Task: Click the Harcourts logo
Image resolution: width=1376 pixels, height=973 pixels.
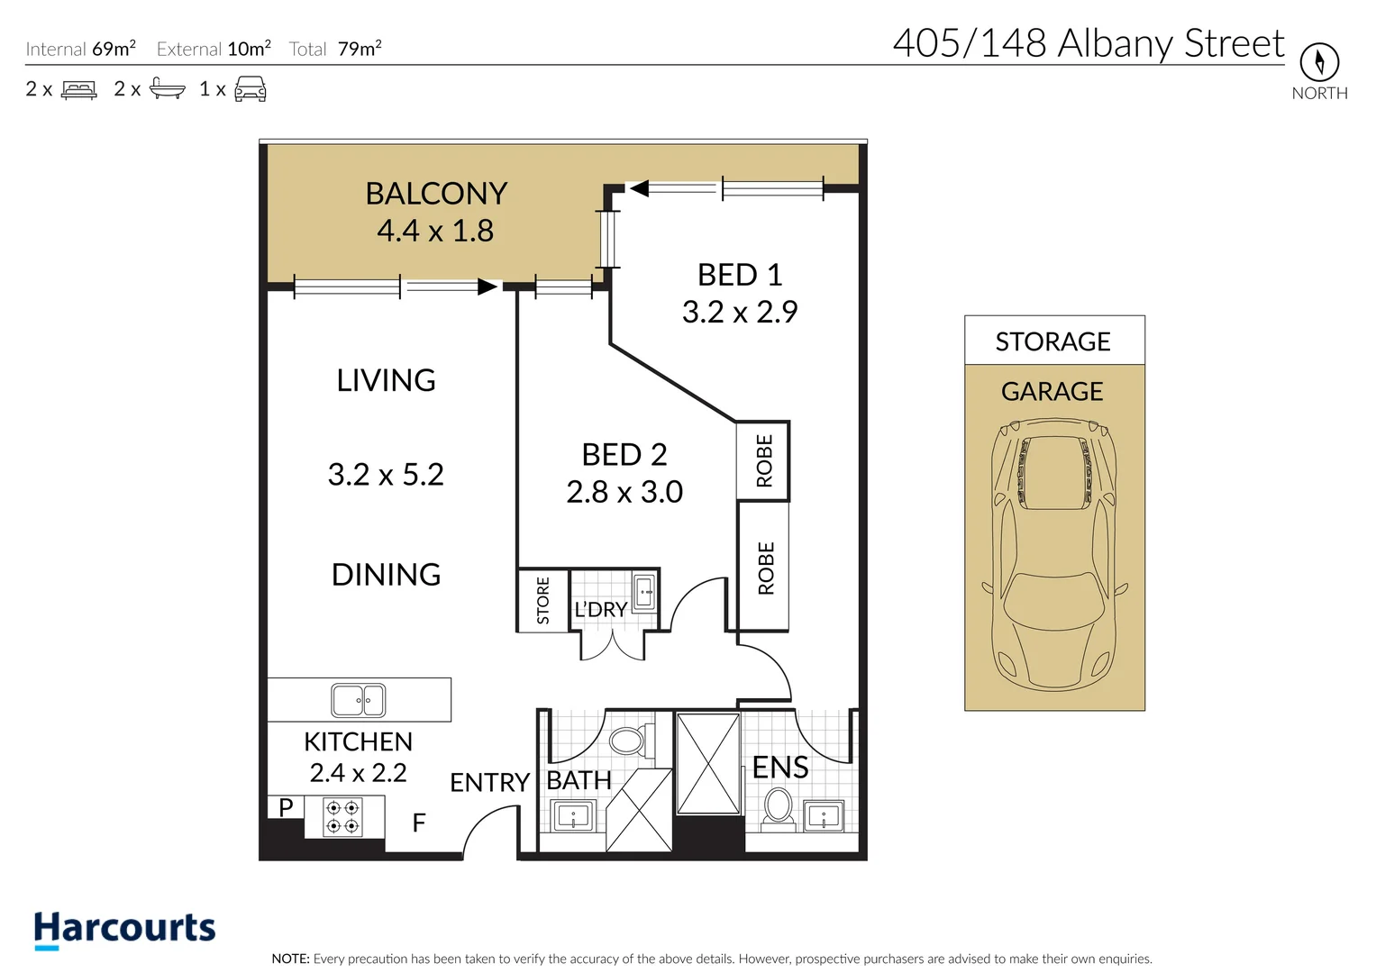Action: pyautogui.click(x=124, y=929)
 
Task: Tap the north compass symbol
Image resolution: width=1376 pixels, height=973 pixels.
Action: pyautogui.click(x=1318, y=62)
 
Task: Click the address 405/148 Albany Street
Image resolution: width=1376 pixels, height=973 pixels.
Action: pyautogui.click(x=1088, y=42)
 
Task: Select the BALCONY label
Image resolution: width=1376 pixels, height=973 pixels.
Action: pyautogui.click(x=436, y=194)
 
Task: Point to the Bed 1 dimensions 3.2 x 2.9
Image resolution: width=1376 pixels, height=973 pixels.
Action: pyautogui.click(x=739, y=312)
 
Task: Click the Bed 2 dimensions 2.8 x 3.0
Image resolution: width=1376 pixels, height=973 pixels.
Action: pyautogui.click(x=624, y=492)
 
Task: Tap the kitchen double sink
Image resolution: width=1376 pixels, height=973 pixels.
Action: pyautogui.click(x=359, y=700)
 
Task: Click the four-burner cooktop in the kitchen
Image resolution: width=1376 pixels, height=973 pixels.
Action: pyautogui.click(x=342, y=817)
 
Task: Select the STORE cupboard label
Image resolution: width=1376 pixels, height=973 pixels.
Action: pyautogui.click(x=542, y=601)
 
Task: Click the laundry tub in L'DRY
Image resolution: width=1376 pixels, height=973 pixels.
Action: pyautogui.click(x=645, y=593)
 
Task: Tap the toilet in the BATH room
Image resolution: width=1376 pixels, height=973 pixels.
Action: pyautogui.click(x=628, y=741)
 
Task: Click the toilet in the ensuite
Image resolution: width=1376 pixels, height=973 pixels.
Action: pyautogui.click(x=778, y=806)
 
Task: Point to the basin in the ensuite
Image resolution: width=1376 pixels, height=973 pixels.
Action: pyautogui.click(x=823, y=816)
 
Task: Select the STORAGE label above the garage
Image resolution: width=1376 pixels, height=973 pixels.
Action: pyautogui.click(x=1053, y=341)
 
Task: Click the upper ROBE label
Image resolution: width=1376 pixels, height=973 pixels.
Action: pyautogui.click(x=764, y=460)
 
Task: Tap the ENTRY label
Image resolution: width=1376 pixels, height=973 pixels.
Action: pyautogui.click(x=489, y=782)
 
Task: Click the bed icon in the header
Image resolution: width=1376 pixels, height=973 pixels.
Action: pyautogui.click(x=79, y=89)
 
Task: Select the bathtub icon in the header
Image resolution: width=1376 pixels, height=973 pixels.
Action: pyautogui.click(x=167, y=88)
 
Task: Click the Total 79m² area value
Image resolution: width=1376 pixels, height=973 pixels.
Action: pyautogui.click(x=359, y=49)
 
